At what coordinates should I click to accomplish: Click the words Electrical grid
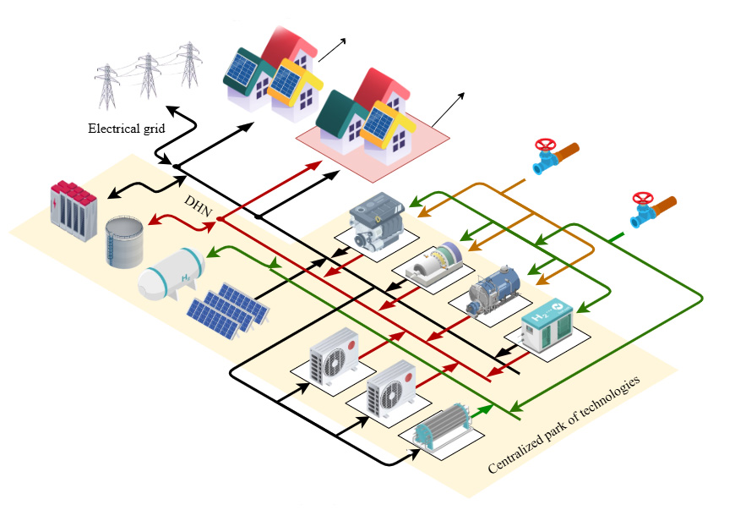coord(127,128)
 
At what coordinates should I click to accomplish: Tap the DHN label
coord(199,206)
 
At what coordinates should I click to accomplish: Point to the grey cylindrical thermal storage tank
coord(124,242)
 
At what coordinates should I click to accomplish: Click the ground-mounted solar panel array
coord(228,310)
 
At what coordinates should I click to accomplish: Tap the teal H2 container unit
coord(548,325)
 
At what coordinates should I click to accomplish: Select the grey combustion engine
coord(377,221)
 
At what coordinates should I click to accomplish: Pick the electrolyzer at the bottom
coord(442,427)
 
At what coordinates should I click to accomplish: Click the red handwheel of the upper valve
coord(545,145)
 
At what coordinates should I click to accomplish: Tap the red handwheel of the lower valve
coord(643,198)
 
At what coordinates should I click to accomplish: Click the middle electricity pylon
coord(148,75)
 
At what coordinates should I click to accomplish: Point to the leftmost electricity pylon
coord(107,87)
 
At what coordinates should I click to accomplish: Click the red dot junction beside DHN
coord(220,218)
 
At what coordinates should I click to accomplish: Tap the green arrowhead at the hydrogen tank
coord(212,253)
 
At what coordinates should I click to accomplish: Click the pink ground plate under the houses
coord(373,140)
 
